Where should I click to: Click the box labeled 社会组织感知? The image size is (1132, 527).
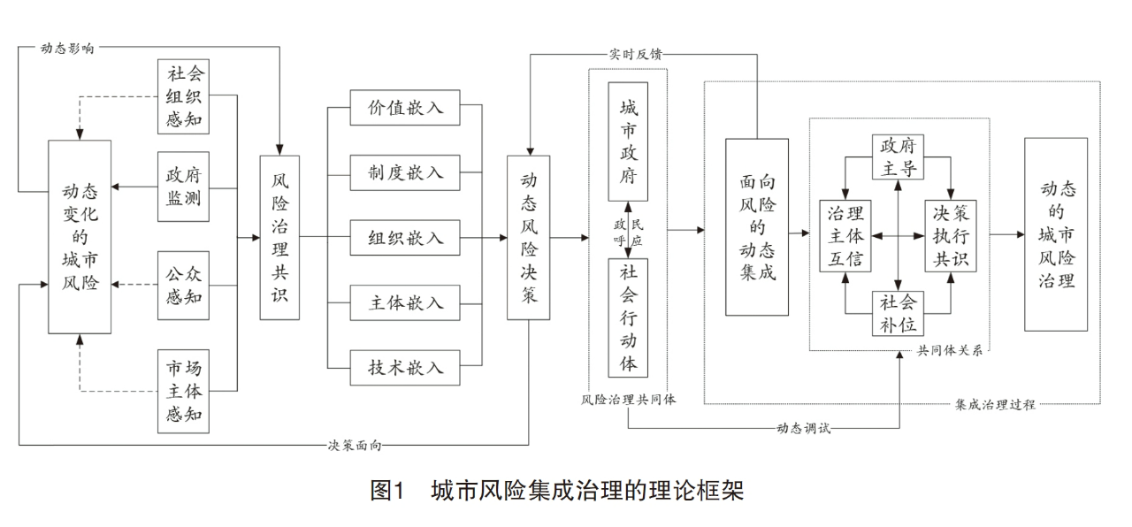pyautogui.click(x=184, y=96)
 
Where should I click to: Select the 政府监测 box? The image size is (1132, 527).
pyautogui.click(x=184, y=187)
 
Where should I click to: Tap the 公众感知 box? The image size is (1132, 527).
pyautogui.click(x=184, y=285)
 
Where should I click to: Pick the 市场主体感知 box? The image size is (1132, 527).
pyautogui.click(x=184, y=390)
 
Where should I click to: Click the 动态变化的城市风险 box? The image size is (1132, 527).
pyautogui.click(x=80, y=237)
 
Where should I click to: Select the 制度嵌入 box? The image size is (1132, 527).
pyautogui.click(x=406, y=173)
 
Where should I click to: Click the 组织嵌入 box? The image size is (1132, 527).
pyautogui.click(x=406, y=238)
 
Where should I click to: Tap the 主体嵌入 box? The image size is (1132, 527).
pyautogui.click(x=406, y=302)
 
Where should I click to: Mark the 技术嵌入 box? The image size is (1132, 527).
pyautogui.click(x=406, y=367)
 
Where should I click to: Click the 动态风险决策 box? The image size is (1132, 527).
pyautogui.click(x=529, y=237)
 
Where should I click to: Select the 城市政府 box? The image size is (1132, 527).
pyautogui.click(x=628, y=141)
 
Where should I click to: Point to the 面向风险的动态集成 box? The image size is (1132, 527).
pyautogui.click(x=757, y=227)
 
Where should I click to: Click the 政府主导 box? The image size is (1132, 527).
pyautogui.click(x=899, y=157)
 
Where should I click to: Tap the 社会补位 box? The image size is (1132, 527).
pyautogui.click(x=899, y=314)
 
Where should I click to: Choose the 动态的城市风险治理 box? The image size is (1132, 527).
pyautogui.click(x=1056, y=234)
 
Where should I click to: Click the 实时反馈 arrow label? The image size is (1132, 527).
pyautogui.click(x=631, y=53)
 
